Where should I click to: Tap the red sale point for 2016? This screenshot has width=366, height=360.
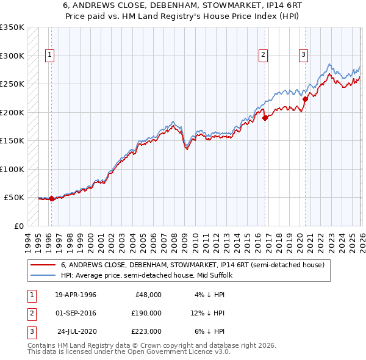[265, 118]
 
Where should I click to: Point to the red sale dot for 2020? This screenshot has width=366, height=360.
[305, 99]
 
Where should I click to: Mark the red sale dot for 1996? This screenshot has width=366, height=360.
[51, 198]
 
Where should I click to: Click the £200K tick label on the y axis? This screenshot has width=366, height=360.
[12, 112]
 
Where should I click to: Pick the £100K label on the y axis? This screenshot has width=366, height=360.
[12, 169]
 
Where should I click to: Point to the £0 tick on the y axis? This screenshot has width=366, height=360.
[18, 226]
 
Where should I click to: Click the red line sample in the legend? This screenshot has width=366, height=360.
[43, 265]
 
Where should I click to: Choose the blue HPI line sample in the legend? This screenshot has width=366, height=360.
[43, 275]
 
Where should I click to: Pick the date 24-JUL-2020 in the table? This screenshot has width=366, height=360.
[76, 331]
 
